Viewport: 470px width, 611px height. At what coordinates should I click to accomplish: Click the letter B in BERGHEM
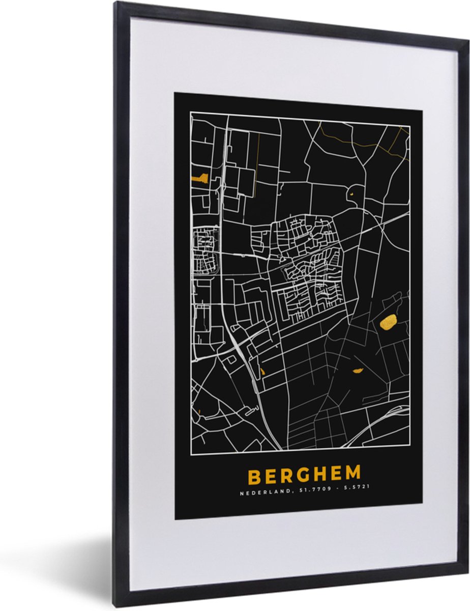coord(253,476)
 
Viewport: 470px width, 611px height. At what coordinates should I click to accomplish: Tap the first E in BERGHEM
coord(270,476)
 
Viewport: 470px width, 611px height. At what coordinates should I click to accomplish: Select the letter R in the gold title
coord(286,476)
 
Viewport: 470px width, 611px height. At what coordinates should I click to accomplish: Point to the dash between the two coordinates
coord(333,489)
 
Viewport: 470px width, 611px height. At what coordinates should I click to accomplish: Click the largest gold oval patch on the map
coord(389,322)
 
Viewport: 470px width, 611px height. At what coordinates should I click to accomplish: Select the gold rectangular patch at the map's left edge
coord(199,178)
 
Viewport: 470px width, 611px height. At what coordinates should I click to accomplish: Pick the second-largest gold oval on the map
coord(358,370)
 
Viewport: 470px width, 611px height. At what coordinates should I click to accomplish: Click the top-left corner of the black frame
coord(116,4)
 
